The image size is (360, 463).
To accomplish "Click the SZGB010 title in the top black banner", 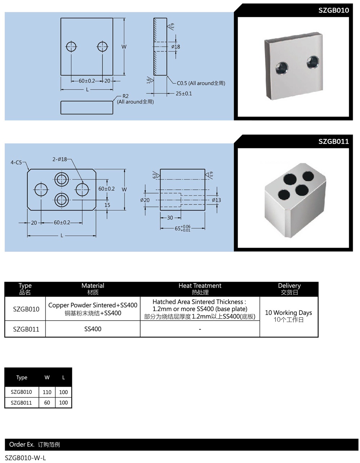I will pyautogui.click(x=333, y=10).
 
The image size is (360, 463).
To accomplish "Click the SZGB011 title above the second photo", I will pyautogui.click(x=333, y=141).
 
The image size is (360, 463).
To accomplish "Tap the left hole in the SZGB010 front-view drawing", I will pyautogui.click(x=71, y=46).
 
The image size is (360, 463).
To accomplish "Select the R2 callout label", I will pyautogui.click(x=125, y=96).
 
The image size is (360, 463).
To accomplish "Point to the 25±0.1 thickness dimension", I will pyautogui.click(x=184, y=94).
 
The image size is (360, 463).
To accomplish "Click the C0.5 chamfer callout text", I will pyautogui.click(x=201, y=83).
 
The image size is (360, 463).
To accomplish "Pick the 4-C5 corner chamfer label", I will pyautogui.click(x=16, y=162).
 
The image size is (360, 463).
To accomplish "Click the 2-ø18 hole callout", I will pyautogui.click(x=60, y=159).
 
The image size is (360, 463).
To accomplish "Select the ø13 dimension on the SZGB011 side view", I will pyautogui.click(x=216, y=200).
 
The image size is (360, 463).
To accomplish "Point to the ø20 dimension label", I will pyautogui.click(x=145, y=200).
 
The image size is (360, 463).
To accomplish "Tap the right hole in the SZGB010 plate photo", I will pyautogui.click(x=313, y=62).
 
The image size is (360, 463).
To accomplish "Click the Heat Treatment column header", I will pyautogui.click(x=200, y=286).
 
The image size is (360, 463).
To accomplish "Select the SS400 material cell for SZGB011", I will pyautogui.click(x=93, y=329).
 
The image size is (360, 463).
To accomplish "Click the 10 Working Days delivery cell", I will pyautogui.click(x=288, y=313).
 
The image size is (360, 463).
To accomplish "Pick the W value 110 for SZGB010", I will pyautogui.click(x=47, y=392).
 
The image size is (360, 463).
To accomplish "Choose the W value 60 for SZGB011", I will pyautogui.click(x=47, y=403).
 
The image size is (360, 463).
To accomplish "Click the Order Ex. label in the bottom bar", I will pyautogui.click(x=22, y=445).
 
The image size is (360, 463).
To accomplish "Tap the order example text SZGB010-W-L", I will pyautogui.click(x=26, y=458).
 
